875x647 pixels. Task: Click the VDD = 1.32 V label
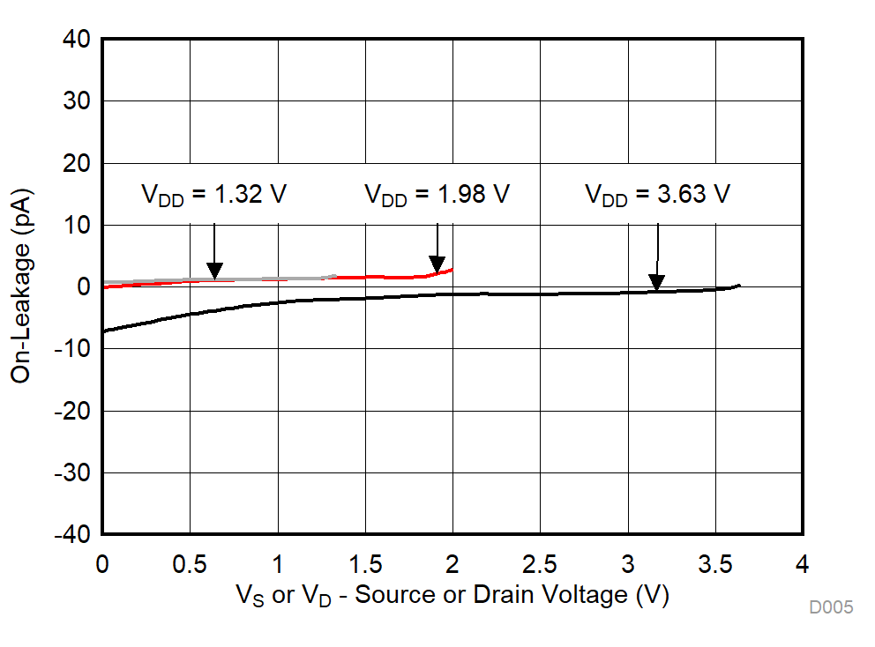tap(214, 194)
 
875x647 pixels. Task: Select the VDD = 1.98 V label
tap(437, 194)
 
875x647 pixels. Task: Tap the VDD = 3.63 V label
tap(657, 194)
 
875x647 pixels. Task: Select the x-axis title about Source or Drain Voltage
tap(452, 596)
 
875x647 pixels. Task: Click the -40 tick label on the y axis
tap(72, 535)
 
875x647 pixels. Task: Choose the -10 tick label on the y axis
tap(72, 349)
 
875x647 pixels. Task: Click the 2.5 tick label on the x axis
tap(540, 563)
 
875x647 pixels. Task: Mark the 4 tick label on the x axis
tap(802, 563)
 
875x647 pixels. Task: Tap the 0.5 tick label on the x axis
tap(190, 563)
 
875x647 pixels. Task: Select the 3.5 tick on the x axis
tap(714, 563)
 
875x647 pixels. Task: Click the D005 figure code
tap(831, 607)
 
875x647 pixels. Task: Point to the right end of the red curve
tap(452, 269)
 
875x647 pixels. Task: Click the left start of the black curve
tap(104, 331)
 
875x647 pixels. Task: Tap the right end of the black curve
tap(739, 285)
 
